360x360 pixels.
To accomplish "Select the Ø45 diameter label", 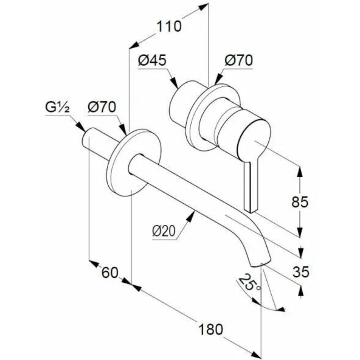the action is click(152, 60).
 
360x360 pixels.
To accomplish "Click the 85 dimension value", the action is click(300, 202).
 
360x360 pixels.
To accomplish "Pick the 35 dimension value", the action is click(301, 272).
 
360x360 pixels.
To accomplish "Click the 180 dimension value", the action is click(210, 329).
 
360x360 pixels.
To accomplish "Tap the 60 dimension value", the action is click(110, 273).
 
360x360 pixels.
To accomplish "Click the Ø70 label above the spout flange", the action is click(102, 107).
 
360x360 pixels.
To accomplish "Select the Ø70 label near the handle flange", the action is click(239, 60).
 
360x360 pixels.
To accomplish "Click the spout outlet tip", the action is click(261, 264).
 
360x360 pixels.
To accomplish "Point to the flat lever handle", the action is click(251, 186).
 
